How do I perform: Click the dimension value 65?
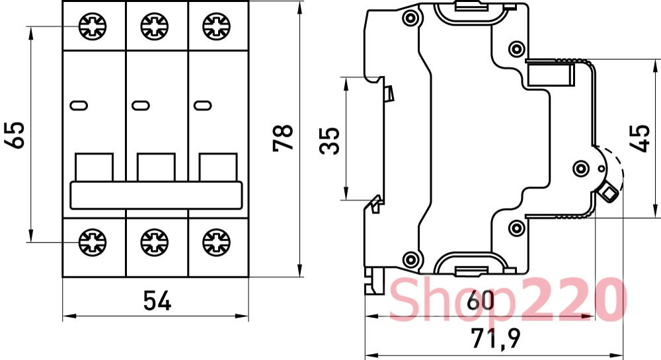pos(16,135)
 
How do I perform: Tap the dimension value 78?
pos(283,137)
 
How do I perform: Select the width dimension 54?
pos(157,301)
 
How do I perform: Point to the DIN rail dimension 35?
pos(329,141)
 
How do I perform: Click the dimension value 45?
pos(639,137)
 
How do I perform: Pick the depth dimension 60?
pos(481,301)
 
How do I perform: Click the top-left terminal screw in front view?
pos(93,26)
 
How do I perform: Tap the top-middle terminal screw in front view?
pos(155,26)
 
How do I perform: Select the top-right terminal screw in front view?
pos(217,26)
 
